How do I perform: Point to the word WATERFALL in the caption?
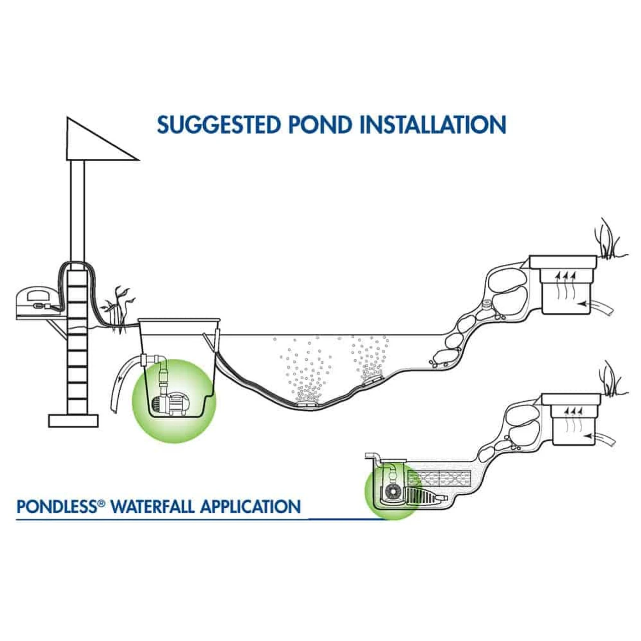(x=153, y=506)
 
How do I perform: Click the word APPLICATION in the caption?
(x=250, y=506)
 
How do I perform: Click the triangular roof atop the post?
(x=95, y=143)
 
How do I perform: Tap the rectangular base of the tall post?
(x=73, y=420)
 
